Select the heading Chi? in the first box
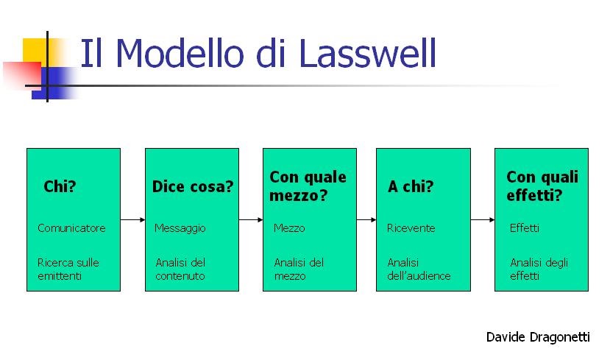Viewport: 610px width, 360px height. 60,186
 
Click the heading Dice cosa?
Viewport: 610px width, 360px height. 192,186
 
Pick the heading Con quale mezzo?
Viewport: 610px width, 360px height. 308,186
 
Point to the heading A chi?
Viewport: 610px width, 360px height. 411,186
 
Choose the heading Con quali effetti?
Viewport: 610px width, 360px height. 542,186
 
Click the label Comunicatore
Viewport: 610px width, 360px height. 71,228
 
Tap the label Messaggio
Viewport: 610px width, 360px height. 180,228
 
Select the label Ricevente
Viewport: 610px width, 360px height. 411,228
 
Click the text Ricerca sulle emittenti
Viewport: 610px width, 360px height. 68,269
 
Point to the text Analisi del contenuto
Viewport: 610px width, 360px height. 180,269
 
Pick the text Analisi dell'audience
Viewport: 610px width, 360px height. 419,269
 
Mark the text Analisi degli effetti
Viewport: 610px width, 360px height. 539,269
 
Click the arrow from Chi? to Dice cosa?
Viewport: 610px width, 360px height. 132,219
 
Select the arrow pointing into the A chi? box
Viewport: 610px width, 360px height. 366,219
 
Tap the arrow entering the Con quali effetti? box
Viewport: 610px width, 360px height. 482,219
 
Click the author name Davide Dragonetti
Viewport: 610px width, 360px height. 538,336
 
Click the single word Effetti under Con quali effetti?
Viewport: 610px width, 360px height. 524,228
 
